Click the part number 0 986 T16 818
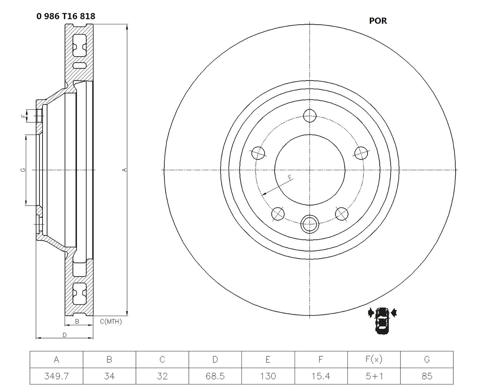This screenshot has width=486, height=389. (66, 16)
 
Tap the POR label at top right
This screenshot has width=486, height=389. (378, 21)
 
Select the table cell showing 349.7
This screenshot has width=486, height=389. (56, 376)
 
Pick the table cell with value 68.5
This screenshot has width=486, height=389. (215, 376)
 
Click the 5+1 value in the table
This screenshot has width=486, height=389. (374, 376)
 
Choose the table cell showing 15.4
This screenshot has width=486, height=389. (321, 376)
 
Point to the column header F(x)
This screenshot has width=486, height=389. (374, 359)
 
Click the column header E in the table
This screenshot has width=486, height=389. (268, 359)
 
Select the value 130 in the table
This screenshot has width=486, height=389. (268, 376)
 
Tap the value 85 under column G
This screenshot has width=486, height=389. (427, 376)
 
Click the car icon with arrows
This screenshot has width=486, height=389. (382, 320)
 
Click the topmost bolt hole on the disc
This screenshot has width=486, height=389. (310, 115)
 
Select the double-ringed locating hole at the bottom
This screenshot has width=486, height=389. (309, 223)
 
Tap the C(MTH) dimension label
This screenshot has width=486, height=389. (111, 322)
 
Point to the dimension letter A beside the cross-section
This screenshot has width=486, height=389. (124, 170)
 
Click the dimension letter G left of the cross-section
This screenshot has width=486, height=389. (23, 170)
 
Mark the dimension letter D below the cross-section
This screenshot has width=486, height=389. (65, 335)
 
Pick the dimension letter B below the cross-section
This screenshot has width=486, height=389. (77, 322)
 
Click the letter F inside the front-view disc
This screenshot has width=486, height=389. (289, 177)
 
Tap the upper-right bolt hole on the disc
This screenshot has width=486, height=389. (361, 153)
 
